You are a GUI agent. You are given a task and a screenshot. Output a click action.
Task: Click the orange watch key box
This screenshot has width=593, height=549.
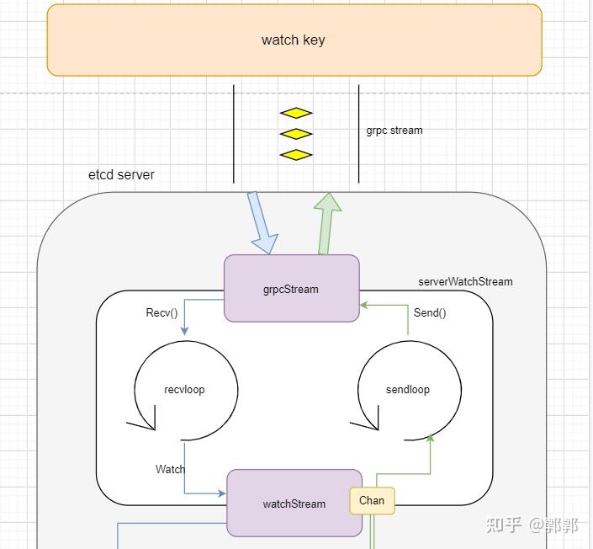294,40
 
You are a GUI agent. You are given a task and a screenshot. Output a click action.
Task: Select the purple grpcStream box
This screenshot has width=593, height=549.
291,289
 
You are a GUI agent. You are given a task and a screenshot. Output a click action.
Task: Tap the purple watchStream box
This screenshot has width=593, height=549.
294,504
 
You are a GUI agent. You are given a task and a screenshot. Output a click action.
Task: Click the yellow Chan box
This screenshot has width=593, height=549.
372,500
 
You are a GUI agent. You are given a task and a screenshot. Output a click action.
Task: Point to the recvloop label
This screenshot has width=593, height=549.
184,390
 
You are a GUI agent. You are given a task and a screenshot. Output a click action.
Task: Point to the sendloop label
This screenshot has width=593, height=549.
408,390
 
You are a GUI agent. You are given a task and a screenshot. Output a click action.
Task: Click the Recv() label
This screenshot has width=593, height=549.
162,313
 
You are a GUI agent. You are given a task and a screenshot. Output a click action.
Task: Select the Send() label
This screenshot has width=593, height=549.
430,313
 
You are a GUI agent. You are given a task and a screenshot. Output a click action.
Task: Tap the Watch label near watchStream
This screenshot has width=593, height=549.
170,469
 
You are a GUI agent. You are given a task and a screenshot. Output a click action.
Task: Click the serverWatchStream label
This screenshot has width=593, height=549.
465,281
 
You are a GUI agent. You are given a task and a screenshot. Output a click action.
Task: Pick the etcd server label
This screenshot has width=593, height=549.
121,175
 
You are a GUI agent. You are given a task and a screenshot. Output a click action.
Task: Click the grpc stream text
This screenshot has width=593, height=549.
394,131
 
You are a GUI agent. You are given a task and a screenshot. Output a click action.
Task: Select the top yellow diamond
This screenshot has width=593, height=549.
296,113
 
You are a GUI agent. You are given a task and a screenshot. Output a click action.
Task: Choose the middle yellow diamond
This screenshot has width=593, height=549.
296,134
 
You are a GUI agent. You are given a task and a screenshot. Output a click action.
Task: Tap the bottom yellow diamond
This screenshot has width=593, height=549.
296,155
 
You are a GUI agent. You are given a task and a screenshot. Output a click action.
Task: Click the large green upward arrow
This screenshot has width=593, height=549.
326,223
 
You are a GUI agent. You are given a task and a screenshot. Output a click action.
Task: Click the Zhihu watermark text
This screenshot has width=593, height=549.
532,525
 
